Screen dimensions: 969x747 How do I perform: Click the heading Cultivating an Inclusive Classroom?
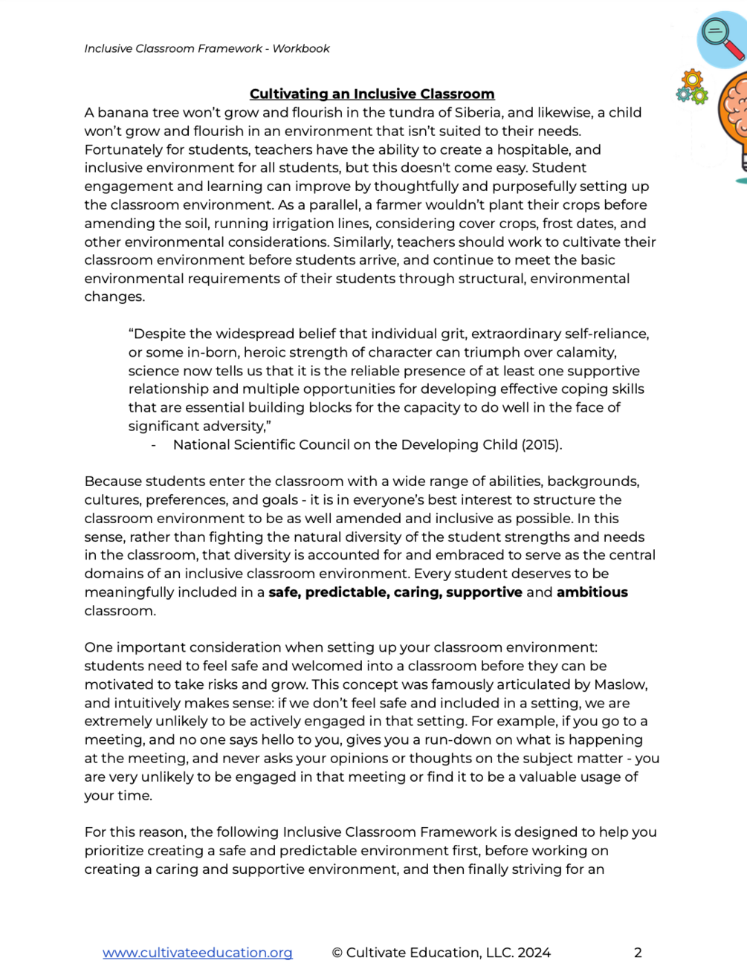[372, 94]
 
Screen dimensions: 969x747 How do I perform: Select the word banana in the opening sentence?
[123, 113]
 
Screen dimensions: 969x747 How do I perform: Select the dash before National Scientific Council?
[154, 445]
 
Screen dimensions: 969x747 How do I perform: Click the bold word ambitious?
[592, 592]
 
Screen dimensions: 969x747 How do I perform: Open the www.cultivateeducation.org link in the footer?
[197, 953]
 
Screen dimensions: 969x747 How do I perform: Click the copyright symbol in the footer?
[337, 953]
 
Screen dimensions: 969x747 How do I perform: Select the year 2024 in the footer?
[534, 953]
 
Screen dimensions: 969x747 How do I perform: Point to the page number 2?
[638, 953]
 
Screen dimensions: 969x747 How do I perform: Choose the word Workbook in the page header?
[301, 49]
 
